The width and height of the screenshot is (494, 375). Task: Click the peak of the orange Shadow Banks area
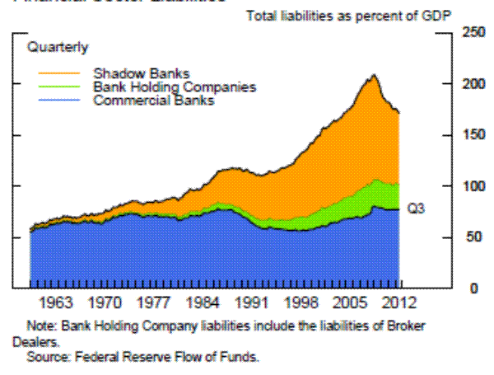coord(374,76)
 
